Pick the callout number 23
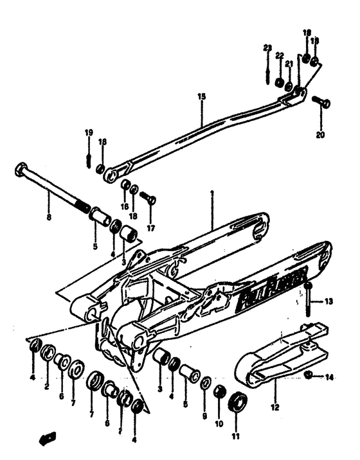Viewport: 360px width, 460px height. [267, 48]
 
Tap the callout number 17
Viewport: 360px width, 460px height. [151, 227]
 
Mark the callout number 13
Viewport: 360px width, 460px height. [328, 301]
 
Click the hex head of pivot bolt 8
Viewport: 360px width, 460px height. [20, 172]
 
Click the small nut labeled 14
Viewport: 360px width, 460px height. [309, 375]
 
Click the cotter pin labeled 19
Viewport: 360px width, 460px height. [89, 157]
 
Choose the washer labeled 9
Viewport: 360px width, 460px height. [205, 384]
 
